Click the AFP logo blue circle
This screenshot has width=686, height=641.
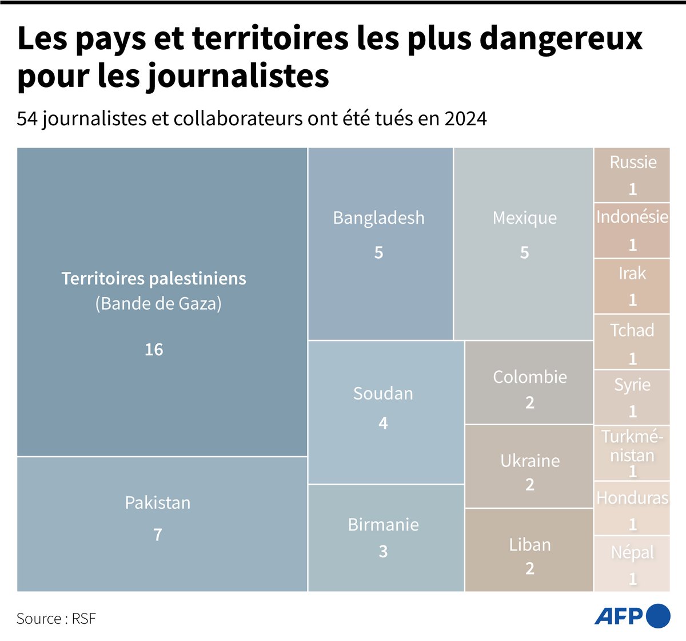(x=659, y=616)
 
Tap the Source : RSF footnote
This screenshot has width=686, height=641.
(x=56, y=619)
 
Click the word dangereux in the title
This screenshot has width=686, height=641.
(x=561, y=38)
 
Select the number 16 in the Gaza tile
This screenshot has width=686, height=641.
(x=154, y=349)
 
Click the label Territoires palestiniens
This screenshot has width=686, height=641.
(x=154, y=279)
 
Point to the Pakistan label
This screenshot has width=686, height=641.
(x=158, y=502)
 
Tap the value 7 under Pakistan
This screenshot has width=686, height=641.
(x=158, y=535)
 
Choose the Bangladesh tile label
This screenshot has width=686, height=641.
(x=378, y=218)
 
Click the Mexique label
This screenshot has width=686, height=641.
(x=524, y=218)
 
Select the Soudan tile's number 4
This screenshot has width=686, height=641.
(x=383, y=423)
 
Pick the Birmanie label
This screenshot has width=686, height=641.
(x=383, y=524)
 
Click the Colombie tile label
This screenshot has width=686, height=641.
(x=530, y=377)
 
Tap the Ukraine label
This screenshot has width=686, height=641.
(x=530, y=461)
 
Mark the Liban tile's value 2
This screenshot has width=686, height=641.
(x=530, y=568)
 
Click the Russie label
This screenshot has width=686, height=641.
(x=633, y=162)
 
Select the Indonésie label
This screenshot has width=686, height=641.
(x=632, y=217)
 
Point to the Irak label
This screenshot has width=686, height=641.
(x=632, y=273)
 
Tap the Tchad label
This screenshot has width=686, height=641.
(x=632, y=330)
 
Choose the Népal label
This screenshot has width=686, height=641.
(x=632, y=552)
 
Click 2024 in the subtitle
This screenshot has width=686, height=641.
(x=465, y=118)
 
